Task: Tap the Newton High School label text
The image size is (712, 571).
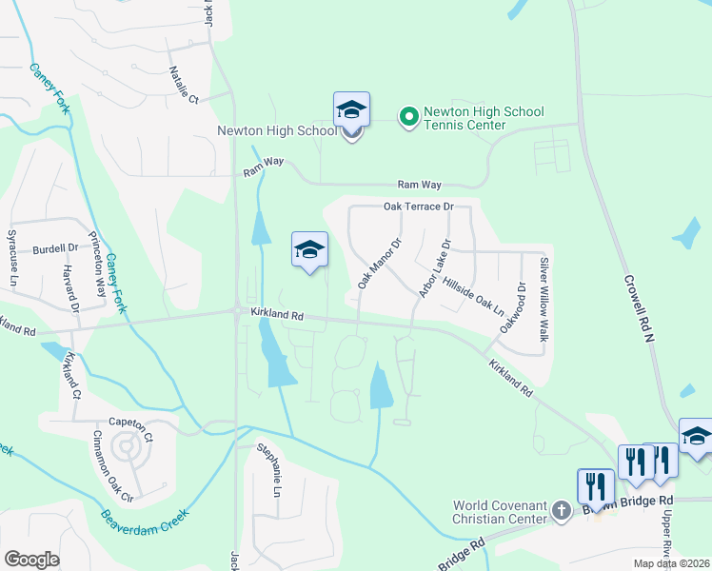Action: (x=276, y=131)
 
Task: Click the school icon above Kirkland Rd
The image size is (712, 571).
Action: (x=309, y=250)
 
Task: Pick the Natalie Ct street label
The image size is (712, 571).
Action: (x=183, y=84)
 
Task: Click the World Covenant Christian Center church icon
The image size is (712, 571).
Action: (x=563, y=512)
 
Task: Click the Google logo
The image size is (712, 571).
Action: (x=31, y=560)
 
